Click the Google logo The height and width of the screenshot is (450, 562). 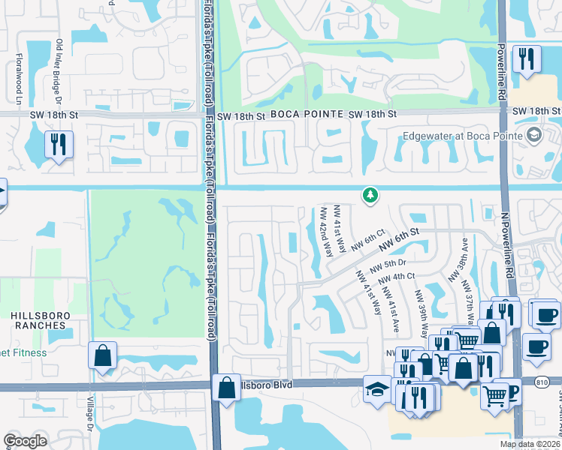(26, 442)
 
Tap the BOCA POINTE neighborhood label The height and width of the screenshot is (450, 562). (301, 113)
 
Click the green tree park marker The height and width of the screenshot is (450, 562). (369, 196)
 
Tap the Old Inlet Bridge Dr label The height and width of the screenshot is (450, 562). (59, 72)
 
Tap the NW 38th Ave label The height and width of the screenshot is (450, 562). (458, 259)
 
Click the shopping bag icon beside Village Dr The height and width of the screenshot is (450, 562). (102, 355)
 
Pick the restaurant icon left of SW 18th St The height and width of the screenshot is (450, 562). (59, 143)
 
